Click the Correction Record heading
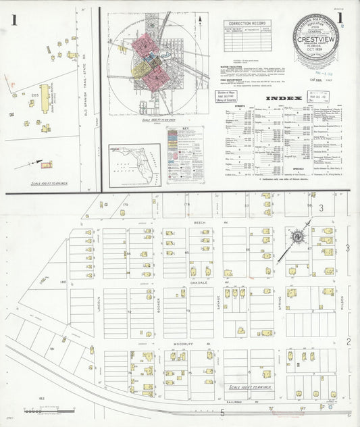click(242, 23)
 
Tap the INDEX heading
click(280, 99)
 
